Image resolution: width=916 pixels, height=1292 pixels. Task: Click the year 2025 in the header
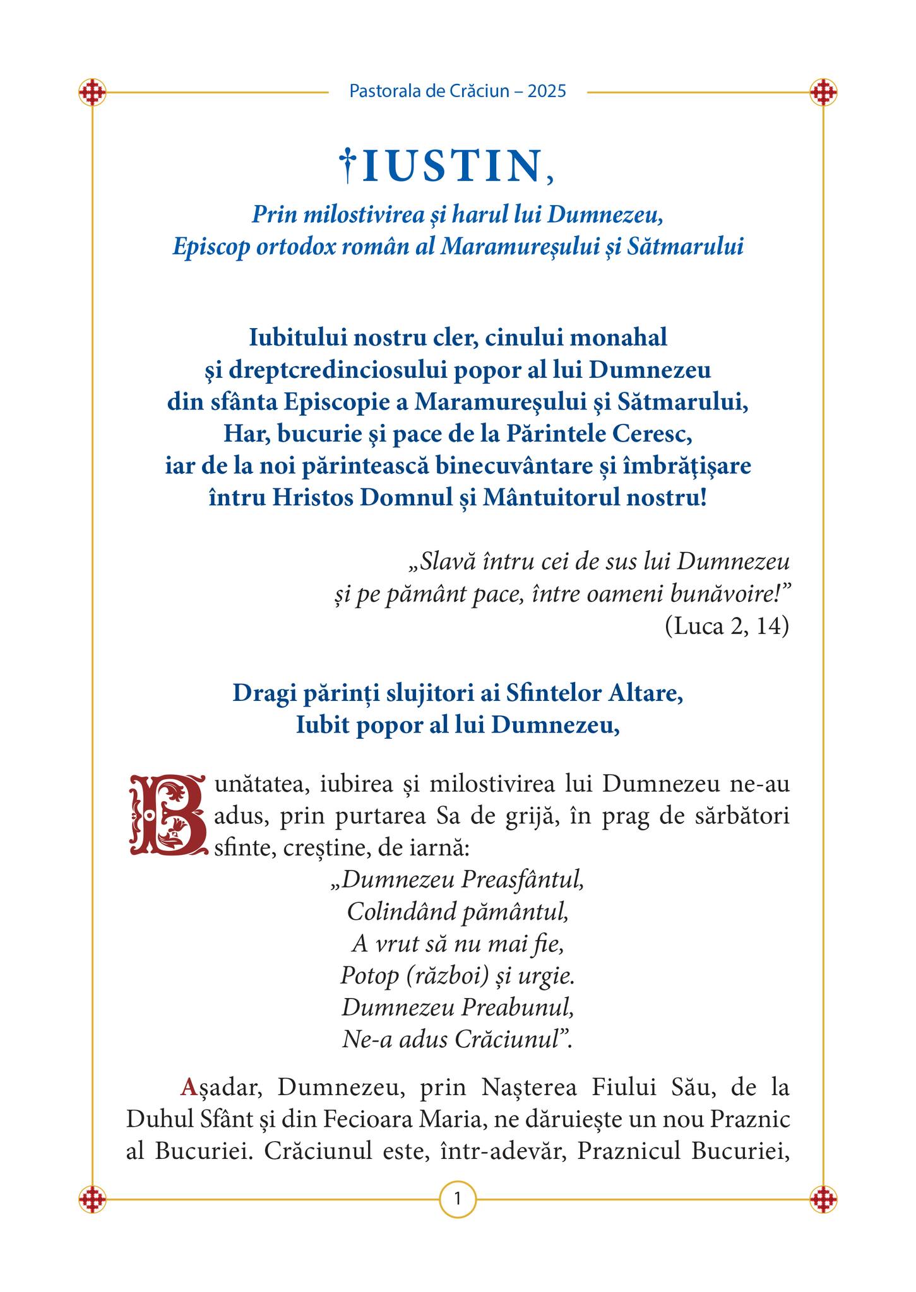pyautogui.click(x=547, y=91)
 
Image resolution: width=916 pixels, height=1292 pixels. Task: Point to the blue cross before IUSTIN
pyautogui.click(x=347, y=165)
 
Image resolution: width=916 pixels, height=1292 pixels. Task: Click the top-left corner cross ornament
pyautogui.click(x=92, y=92)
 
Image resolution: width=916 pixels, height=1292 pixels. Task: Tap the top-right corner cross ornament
pyautogui.click(x=823, y=92)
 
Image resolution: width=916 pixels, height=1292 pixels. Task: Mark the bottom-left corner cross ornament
pyautogui.click(x=92, y=1199)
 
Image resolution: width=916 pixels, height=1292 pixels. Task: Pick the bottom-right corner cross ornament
pyautogui.click(x=823, y=1199)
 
